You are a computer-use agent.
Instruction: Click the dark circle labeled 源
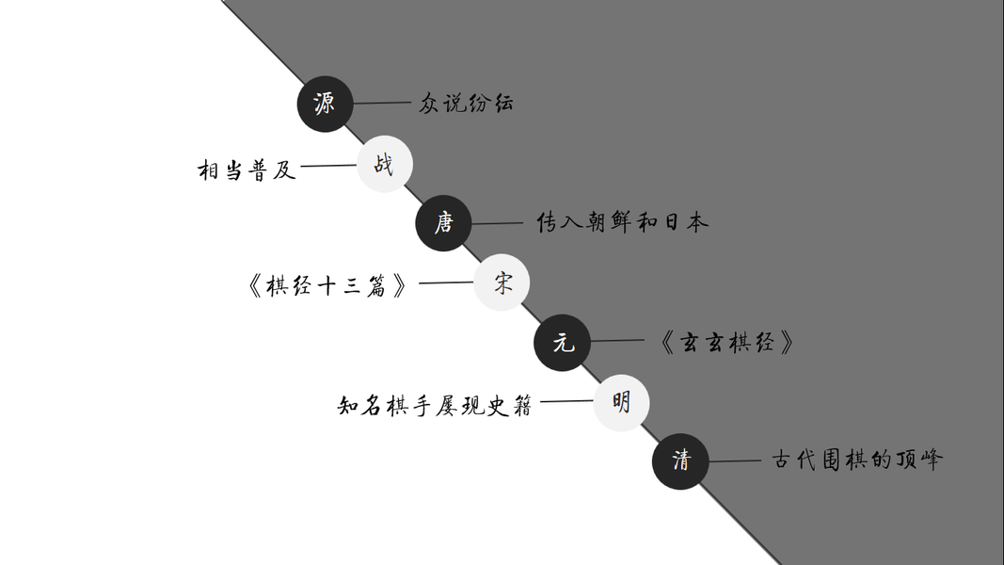click(x=325, y=104)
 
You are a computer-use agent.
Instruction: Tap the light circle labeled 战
click(x=384, y=165)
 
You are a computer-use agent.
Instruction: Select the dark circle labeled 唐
click(x=443, y=223)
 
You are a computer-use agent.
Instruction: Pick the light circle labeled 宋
click(x=502, y=282)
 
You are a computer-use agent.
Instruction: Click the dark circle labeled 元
click(x=563, y=343)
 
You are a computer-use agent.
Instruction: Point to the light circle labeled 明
click(x=621, y=402)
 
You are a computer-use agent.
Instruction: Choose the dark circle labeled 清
click(x=680, y=461)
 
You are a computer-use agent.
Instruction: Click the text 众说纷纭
click(x=466, y=104)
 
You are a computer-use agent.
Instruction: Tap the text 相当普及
click(x=247, y=170)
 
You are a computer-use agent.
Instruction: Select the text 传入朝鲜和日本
click(x=622, y=223)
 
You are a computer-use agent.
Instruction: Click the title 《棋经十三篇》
click(x=327, y=285)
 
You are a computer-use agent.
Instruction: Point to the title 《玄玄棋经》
click(x=727, y=343)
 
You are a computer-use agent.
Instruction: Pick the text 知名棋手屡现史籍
click(x=435, y=406)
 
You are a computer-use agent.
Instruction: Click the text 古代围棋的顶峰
click(x=856, y=460)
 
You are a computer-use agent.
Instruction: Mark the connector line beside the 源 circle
click(x=382, y=104)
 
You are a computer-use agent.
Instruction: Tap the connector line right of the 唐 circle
click(x=497, y=224)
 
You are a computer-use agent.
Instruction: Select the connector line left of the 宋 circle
click(x=446, y=282)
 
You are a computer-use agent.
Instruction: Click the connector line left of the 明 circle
click(x=566, y=402)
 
